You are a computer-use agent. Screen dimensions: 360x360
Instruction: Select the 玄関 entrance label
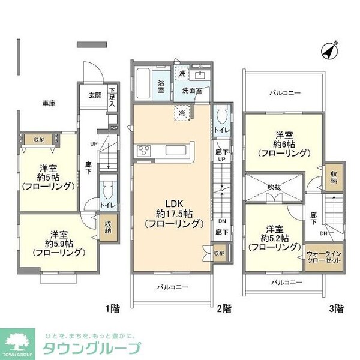95,95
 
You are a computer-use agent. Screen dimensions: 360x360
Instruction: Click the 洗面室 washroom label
196,90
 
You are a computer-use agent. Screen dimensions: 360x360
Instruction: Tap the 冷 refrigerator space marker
182,112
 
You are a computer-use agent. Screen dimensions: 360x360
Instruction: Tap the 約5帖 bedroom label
48,177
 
